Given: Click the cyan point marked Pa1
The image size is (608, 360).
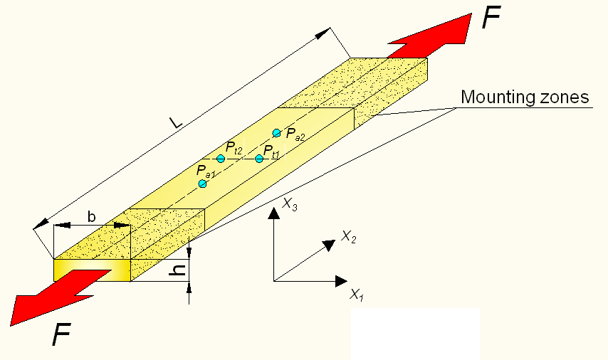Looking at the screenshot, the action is (202, 184).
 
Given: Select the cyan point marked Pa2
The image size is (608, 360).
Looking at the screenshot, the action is (276, 133).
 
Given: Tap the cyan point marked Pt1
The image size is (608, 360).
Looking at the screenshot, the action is (259, 159).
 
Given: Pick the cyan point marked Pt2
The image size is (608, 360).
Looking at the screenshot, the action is (221, 159).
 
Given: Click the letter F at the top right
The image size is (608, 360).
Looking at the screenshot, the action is (491, 18).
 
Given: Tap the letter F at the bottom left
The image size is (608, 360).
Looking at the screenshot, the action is (62, 334).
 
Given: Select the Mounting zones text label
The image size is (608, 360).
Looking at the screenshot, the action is (525, 97).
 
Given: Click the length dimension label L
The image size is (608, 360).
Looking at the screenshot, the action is (176, 122).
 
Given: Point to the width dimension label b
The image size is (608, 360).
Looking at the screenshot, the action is (92, 216).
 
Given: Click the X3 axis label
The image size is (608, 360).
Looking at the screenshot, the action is (290, 203).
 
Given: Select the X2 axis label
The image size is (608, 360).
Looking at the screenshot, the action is (348, 236).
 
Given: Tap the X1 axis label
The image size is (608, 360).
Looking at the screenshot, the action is (357, 295).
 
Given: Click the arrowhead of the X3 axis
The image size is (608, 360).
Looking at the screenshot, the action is (274, 213).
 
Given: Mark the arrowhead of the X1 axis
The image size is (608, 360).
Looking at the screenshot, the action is (341, 281).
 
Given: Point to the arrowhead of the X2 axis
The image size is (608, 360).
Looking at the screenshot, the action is (329, 245).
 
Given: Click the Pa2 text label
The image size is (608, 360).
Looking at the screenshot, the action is (295, 134).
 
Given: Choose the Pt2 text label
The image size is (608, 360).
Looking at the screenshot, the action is (234, 148).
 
